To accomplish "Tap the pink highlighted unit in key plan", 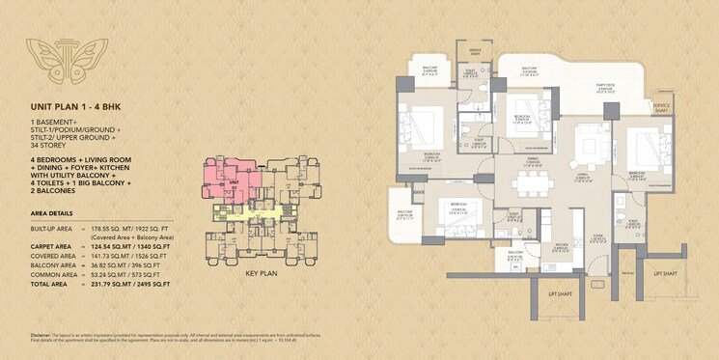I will (229, 179).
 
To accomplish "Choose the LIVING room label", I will (583, 176).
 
